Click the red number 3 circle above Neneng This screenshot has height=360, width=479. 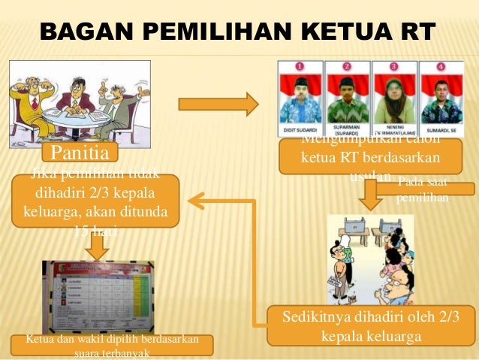[x=393, y=67]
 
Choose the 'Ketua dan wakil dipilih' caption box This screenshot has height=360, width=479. [x=112, y=345]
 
